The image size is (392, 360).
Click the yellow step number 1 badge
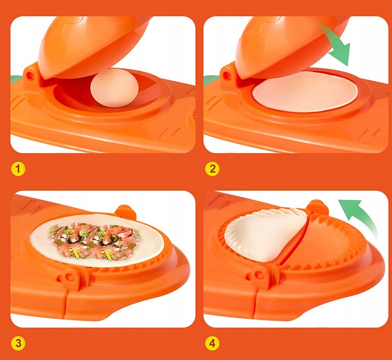18,169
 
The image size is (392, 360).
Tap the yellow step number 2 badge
212,169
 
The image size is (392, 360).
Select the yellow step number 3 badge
18,343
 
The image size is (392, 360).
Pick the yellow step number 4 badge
212,343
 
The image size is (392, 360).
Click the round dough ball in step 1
115,88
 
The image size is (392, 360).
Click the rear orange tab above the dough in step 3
126,211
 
